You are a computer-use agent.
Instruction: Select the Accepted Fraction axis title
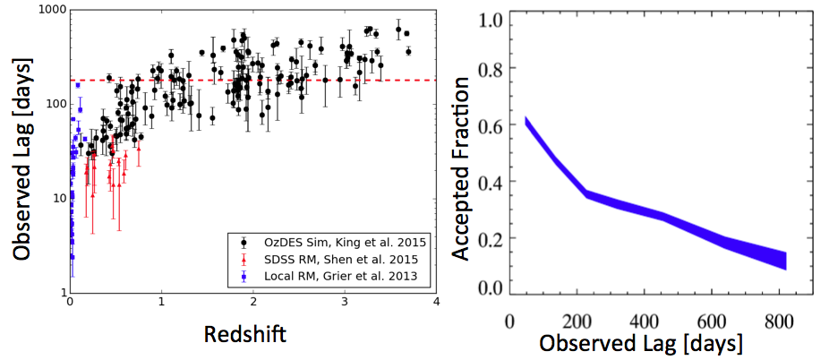point(461,168)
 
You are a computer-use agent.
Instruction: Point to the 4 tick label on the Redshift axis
point(435,304)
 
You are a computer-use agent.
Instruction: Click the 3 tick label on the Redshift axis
point(345,304)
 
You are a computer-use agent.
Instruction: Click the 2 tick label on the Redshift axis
point(253,304)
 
